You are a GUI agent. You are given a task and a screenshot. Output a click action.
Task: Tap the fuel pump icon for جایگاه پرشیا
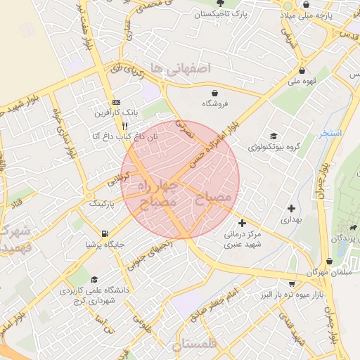[x=105, y=233]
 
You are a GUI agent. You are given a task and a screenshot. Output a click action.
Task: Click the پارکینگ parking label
[x=101, y=203]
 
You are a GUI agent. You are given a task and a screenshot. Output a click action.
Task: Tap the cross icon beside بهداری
[x=291, y=208]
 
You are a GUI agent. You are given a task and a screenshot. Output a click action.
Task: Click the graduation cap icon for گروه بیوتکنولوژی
[x=274, y=136]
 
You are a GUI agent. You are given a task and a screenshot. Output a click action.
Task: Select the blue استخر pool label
[x=328, y=133]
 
